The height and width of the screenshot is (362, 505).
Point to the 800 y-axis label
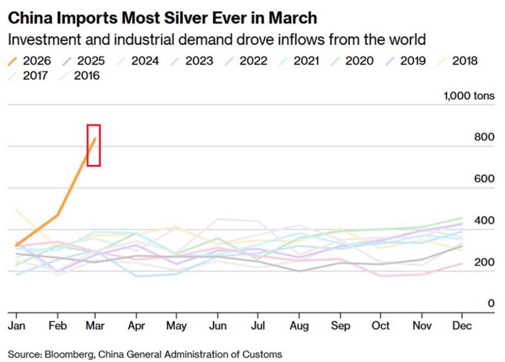[x=484, y=137]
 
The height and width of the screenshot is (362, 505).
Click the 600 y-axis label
[x=484, y=179]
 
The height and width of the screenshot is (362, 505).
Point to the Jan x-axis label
[x=16, y=326]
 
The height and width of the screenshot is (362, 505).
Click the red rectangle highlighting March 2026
[x=94, y=145]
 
